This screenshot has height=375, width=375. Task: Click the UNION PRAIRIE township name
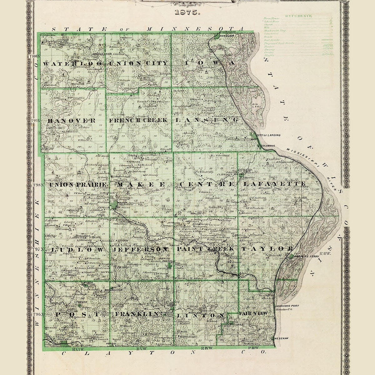click(x=78, y=185)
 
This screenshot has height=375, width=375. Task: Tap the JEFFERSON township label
click(x=141, y=250)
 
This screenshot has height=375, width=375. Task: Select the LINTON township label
click(x=200, y=315)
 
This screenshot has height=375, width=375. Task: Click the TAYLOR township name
click(x=267, y=249)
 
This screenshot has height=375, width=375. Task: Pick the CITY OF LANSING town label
click(x=268, y=135)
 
